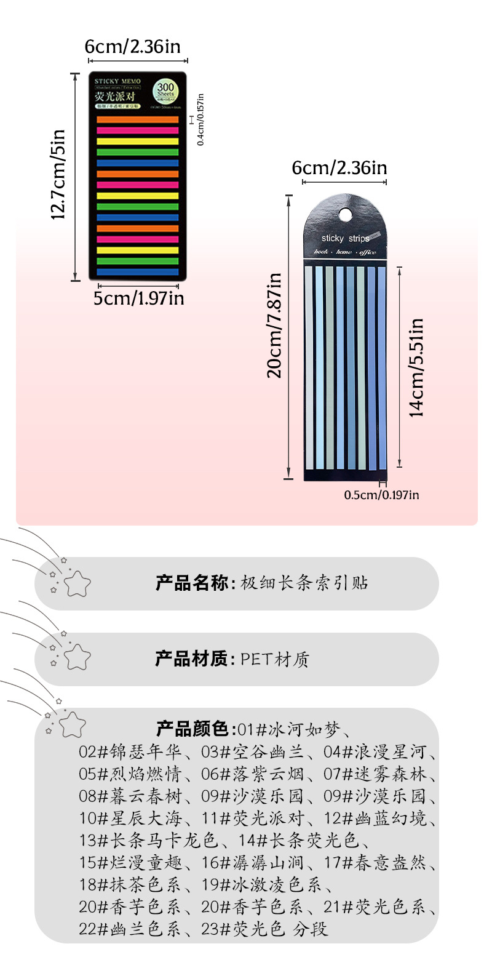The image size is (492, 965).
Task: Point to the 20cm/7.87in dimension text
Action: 275,325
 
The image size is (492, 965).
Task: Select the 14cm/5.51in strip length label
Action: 418,367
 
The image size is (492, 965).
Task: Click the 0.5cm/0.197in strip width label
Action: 381,494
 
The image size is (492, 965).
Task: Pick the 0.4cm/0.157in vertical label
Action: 200,119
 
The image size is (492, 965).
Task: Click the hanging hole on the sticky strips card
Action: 346,214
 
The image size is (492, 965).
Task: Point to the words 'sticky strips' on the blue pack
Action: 346,239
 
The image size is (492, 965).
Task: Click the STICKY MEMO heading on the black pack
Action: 117,81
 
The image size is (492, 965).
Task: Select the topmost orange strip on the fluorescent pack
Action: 137,119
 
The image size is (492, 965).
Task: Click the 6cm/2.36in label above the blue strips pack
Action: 339,167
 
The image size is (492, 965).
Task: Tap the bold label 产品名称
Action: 192,583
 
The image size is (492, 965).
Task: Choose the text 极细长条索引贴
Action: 304,583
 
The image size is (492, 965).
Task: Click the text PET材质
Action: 275,660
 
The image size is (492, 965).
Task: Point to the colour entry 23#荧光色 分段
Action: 265,928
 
